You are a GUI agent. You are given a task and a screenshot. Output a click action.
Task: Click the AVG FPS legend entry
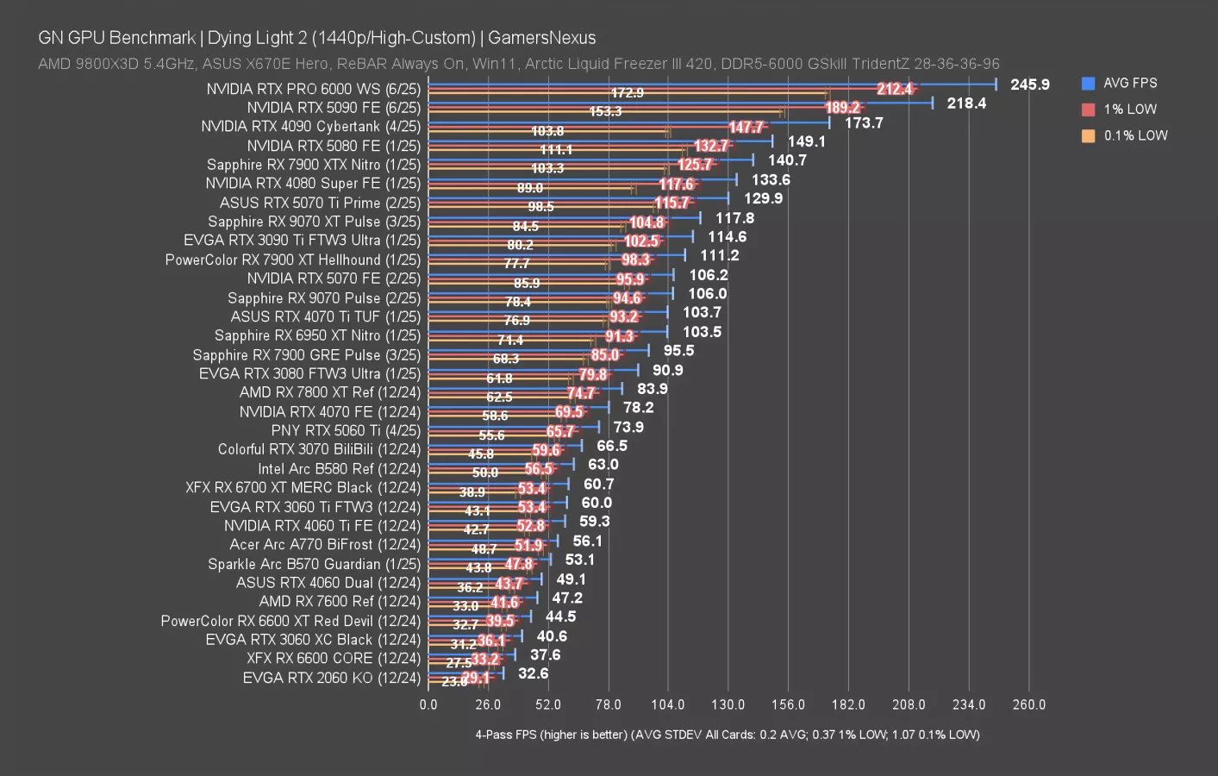coord(1129,84)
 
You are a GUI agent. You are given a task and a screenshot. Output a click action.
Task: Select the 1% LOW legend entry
coord(1129,110)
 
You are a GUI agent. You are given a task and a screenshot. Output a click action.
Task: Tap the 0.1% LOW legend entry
coord(1134,135)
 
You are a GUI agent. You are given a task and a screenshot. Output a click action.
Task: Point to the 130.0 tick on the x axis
coord(728,704)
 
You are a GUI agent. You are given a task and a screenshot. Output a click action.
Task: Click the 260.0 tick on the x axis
coord(1028,704)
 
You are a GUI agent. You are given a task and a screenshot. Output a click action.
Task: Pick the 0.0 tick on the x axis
coord(428,704)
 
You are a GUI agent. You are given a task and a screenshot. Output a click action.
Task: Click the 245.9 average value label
coord(1030,84)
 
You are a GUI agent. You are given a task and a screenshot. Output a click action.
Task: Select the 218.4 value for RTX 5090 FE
coord(966,103)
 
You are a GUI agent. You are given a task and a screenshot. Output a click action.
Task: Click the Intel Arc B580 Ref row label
coord(339,469)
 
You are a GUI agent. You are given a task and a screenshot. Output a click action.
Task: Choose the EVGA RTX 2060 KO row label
coord(332,678)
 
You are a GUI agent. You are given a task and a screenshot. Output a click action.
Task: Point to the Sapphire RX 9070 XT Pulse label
coord(314,222)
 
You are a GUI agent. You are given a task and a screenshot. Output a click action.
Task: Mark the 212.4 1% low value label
coord(895,89)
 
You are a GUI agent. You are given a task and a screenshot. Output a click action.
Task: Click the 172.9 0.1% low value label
coord(627,93)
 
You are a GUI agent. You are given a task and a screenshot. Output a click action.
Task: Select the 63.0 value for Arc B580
coord(603,465)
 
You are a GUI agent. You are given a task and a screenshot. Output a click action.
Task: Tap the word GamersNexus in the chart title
coord(541,38)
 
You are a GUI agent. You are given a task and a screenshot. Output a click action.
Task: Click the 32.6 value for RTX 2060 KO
coord(533,673)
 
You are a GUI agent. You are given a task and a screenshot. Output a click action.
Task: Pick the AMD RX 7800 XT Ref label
coord(330,392)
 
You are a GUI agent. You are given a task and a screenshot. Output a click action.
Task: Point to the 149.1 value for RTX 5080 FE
coord(806,141)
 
